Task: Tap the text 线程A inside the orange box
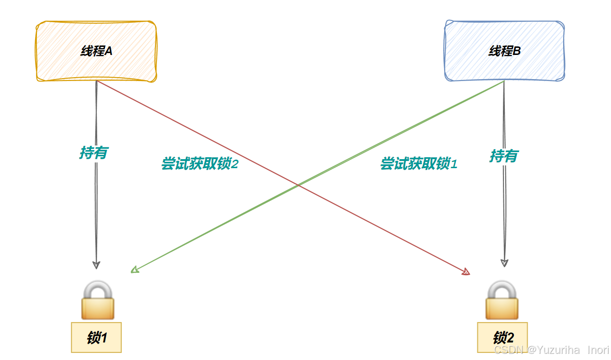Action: point(96,51)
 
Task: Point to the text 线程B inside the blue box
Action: point(504,51)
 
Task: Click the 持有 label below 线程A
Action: point(93,153)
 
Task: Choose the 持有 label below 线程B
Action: point(503,156)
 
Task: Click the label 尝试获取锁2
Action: point(199,164)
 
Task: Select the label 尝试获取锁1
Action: point(419,164)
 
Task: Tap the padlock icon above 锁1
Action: point(98,300)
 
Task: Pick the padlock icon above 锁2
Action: point(502,300)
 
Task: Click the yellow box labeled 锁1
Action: point(96,337)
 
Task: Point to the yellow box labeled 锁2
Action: point(502,337)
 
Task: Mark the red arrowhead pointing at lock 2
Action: point(466,272)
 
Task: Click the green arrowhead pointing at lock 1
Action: point(135,270)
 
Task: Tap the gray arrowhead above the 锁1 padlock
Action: point(96,265)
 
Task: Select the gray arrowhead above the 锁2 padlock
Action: point(504,263)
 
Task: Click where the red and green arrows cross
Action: point(299,185)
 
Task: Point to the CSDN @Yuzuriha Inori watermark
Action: point(551,350)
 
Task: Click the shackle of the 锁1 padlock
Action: point(98,288)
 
